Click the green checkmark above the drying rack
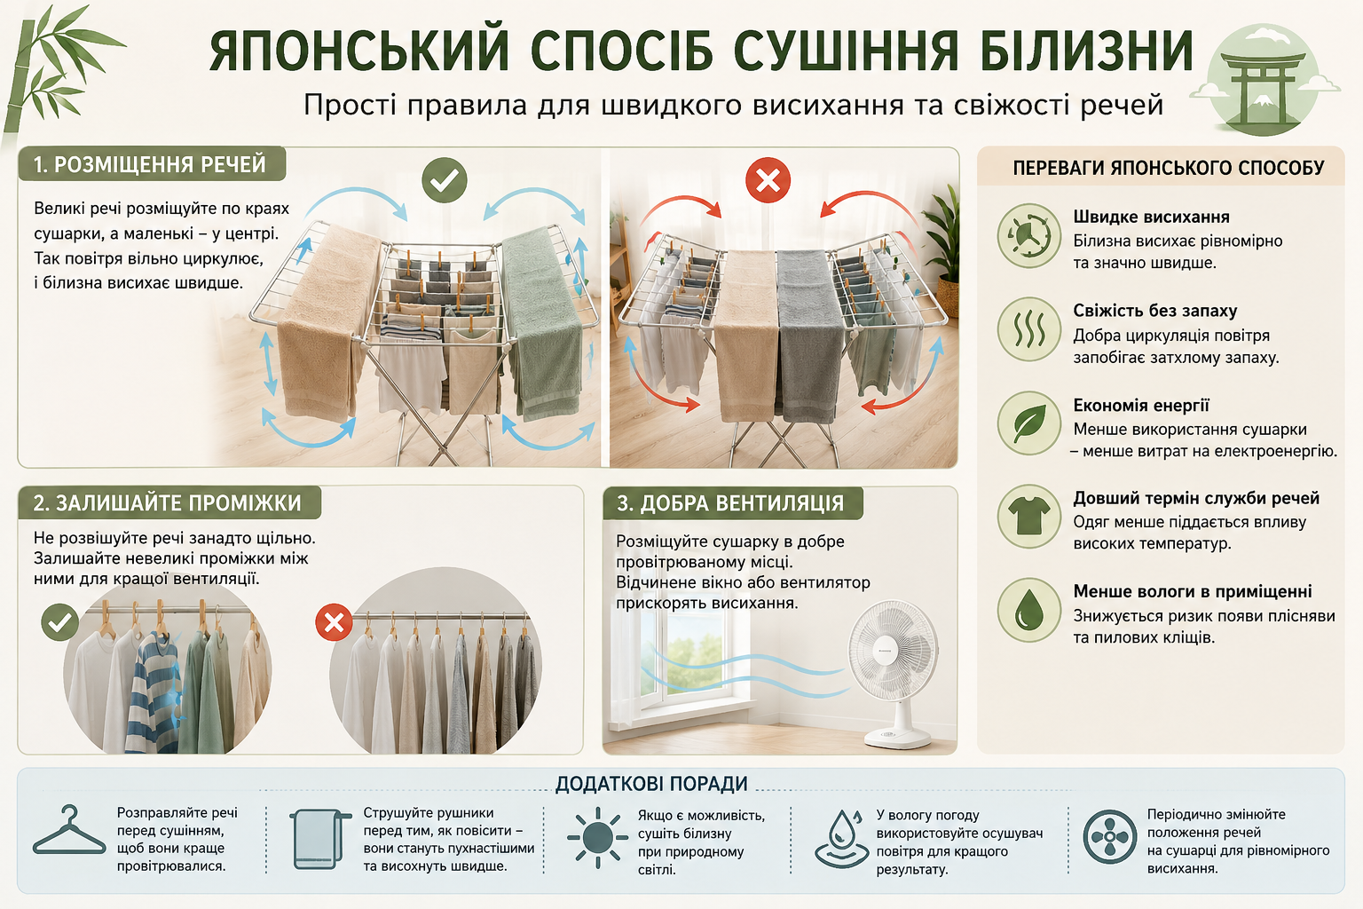point(445,180)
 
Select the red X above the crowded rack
point(768,180)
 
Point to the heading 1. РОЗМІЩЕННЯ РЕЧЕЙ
point(150,164)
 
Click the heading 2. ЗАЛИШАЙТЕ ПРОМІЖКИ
point(168,503)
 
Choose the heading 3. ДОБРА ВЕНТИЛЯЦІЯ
point(730,503)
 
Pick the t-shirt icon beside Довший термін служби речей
point(1029,517)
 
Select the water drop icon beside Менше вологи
point(1029,610)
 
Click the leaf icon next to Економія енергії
point(1029,423)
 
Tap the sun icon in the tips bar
point(597,837)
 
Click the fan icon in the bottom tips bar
point(1110,836)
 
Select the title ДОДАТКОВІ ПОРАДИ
point(651,784)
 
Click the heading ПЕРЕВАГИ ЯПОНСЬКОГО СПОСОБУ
point(1169,168)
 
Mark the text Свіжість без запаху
point(1154,311)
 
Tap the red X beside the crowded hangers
point(334,622)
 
